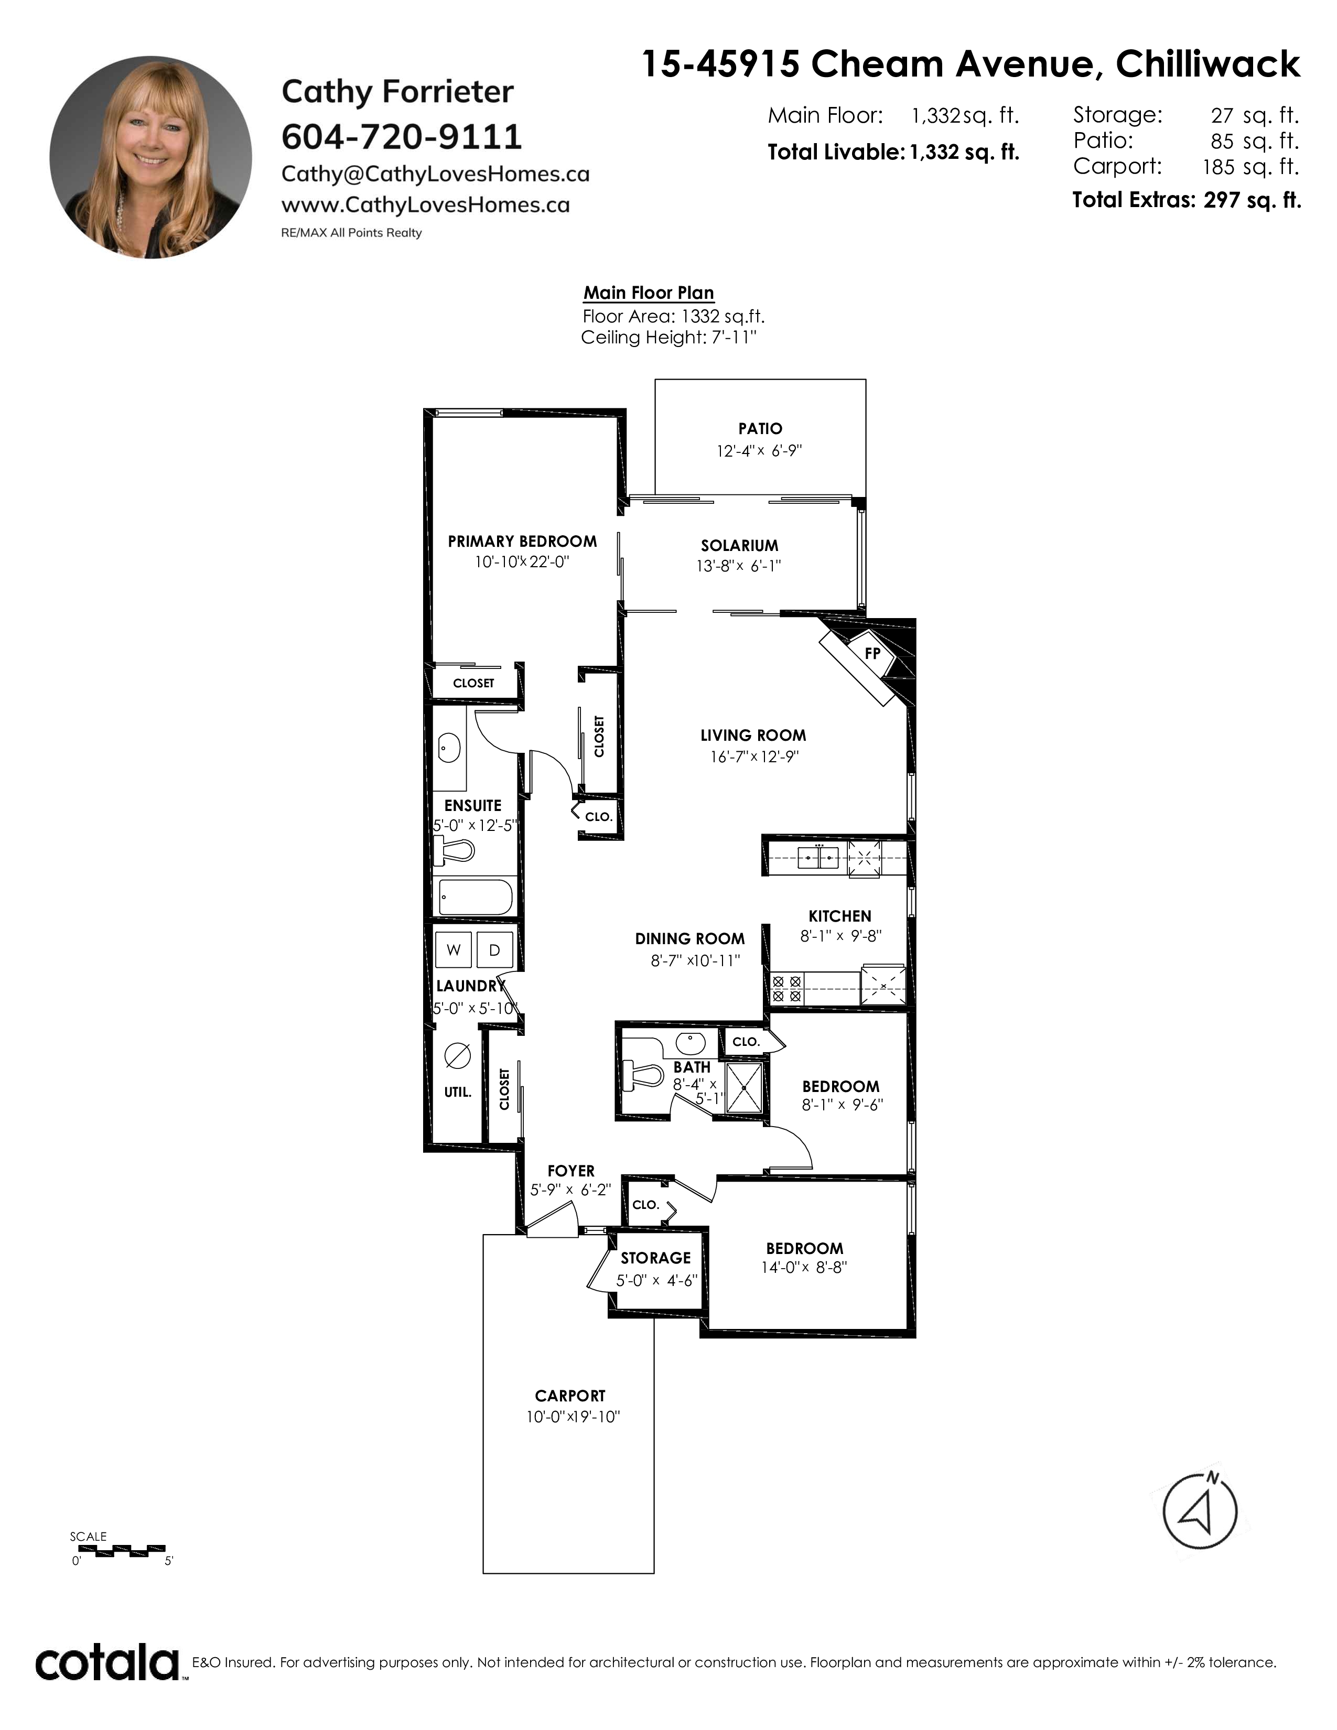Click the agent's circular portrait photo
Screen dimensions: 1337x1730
pos(150,157)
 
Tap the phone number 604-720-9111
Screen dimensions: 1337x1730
pos(402,137)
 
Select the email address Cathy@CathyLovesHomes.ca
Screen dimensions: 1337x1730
pos(435,174)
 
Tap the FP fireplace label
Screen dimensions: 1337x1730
pos(872,654)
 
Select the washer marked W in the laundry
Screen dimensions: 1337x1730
pos(454,950)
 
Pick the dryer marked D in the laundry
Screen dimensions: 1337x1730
pos(495,950)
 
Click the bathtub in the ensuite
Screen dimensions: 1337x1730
pos(475,898)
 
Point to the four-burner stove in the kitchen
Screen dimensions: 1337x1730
pos(786,989)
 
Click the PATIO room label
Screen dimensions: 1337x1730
pos(760,428)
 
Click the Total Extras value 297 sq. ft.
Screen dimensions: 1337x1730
pos(1252,200)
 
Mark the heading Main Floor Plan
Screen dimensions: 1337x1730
pos(649,293)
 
